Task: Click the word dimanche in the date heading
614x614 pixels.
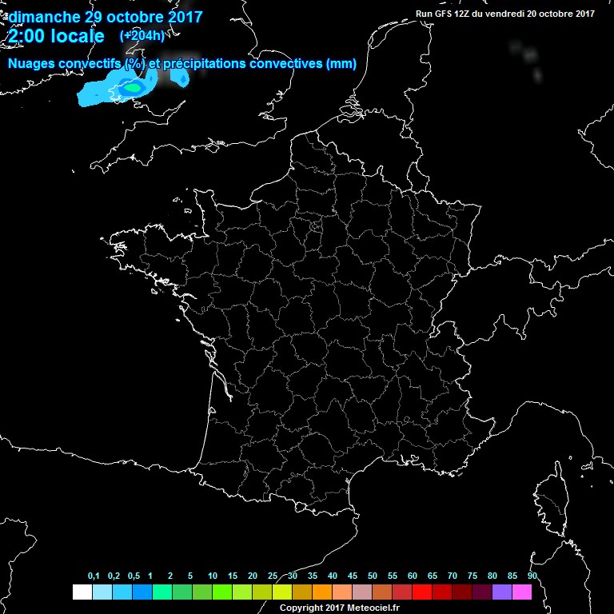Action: point(43,17)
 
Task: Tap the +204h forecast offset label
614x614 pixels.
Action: point(142,36)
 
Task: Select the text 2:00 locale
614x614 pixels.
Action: point(56,37)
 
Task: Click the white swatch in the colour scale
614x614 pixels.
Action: point(82,592)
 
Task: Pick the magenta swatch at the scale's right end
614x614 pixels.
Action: point(522,592)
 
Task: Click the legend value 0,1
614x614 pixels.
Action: point(93,576)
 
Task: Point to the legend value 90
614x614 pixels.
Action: point(532,576)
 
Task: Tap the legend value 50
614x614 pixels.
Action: point(373,576)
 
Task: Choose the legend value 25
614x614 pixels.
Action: point(273,576)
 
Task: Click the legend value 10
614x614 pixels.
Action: point(213,576)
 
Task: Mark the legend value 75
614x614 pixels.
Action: point(472,576)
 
